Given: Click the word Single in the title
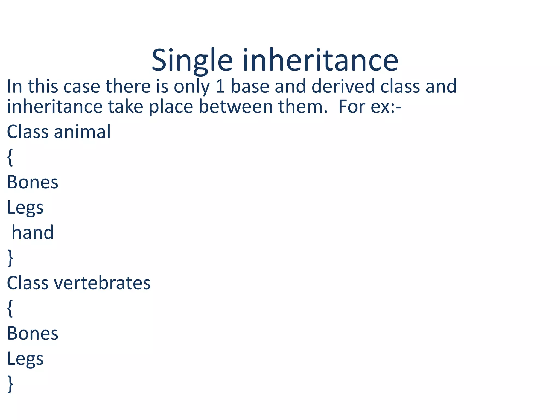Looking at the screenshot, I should point(192,60).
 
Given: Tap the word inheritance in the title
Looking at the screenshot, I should point(320,60).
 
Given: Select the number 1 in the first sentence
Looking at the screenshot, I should point(220,86).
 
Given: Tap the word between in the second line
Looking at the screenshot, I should point(235,107).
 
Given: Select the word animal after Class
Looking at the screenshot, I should point(82,132).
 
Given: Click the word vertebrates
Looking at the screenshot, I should point(102,283).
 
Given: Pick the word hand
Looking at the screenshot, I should point(33,233).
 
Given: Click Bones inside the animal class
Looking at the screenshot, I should point(33,182).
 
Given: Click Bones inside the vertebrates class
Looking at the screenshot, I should point(33,334).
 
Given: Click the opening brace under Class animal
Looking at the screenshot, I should point(10,157).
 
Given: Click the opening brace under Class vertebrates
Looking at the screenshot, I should point(10,308).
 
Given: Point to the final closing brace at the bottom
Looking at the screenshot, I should point(10,384).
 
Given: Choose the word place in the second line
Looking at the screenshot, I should point(171,107).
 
